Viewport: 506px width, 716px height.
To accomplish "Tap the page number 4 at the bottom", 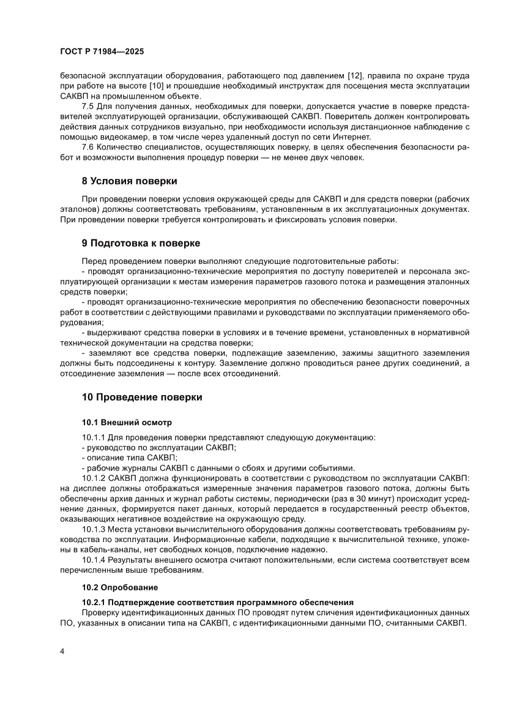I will tap(62, 651).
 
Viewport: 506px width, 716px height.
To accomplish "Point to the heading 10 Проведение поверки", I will tap(142, 397).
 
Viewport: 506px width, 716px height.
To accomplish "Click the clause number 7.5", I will tap(88, 106).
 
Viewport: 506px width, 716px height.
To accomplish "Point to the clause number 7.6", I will tap(88, 147).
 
